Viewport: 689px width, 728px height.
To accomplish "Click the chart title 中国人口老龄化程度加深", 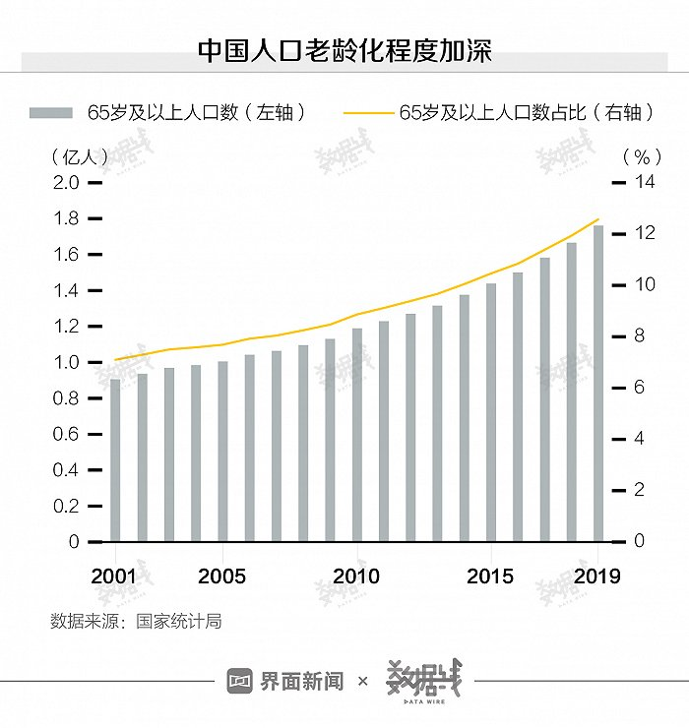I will click(x=344, y=50).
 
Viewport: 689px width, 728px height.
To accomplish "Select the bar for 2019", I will click(x=597, y=384).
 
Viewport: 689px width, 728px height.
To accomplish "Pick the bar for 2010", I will click(x=356, y=434).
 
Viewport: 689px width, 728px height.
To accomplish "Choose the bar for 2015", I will click(x=490, y=412).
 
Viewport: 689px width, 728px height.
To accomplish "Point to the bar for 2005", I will click(x=222, y=452).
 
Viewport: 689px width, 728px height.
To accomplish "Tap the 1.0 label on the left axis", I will click(x=65, y=363).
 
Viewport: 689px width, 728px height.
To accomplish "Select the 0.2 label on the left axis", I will click(x=65, y=507).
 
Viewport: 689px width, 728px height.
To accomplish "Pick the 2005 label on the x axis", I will click(x=221, y=576).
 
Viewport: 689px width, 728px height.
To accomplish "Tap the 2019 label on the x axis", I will click(x=597, y=576).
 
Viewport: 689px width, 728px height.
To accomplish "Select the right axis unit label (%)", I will click(x=641, y=156).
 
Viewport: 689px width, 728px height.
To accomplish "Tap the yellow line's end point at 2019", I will click(x=598, y=218).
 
